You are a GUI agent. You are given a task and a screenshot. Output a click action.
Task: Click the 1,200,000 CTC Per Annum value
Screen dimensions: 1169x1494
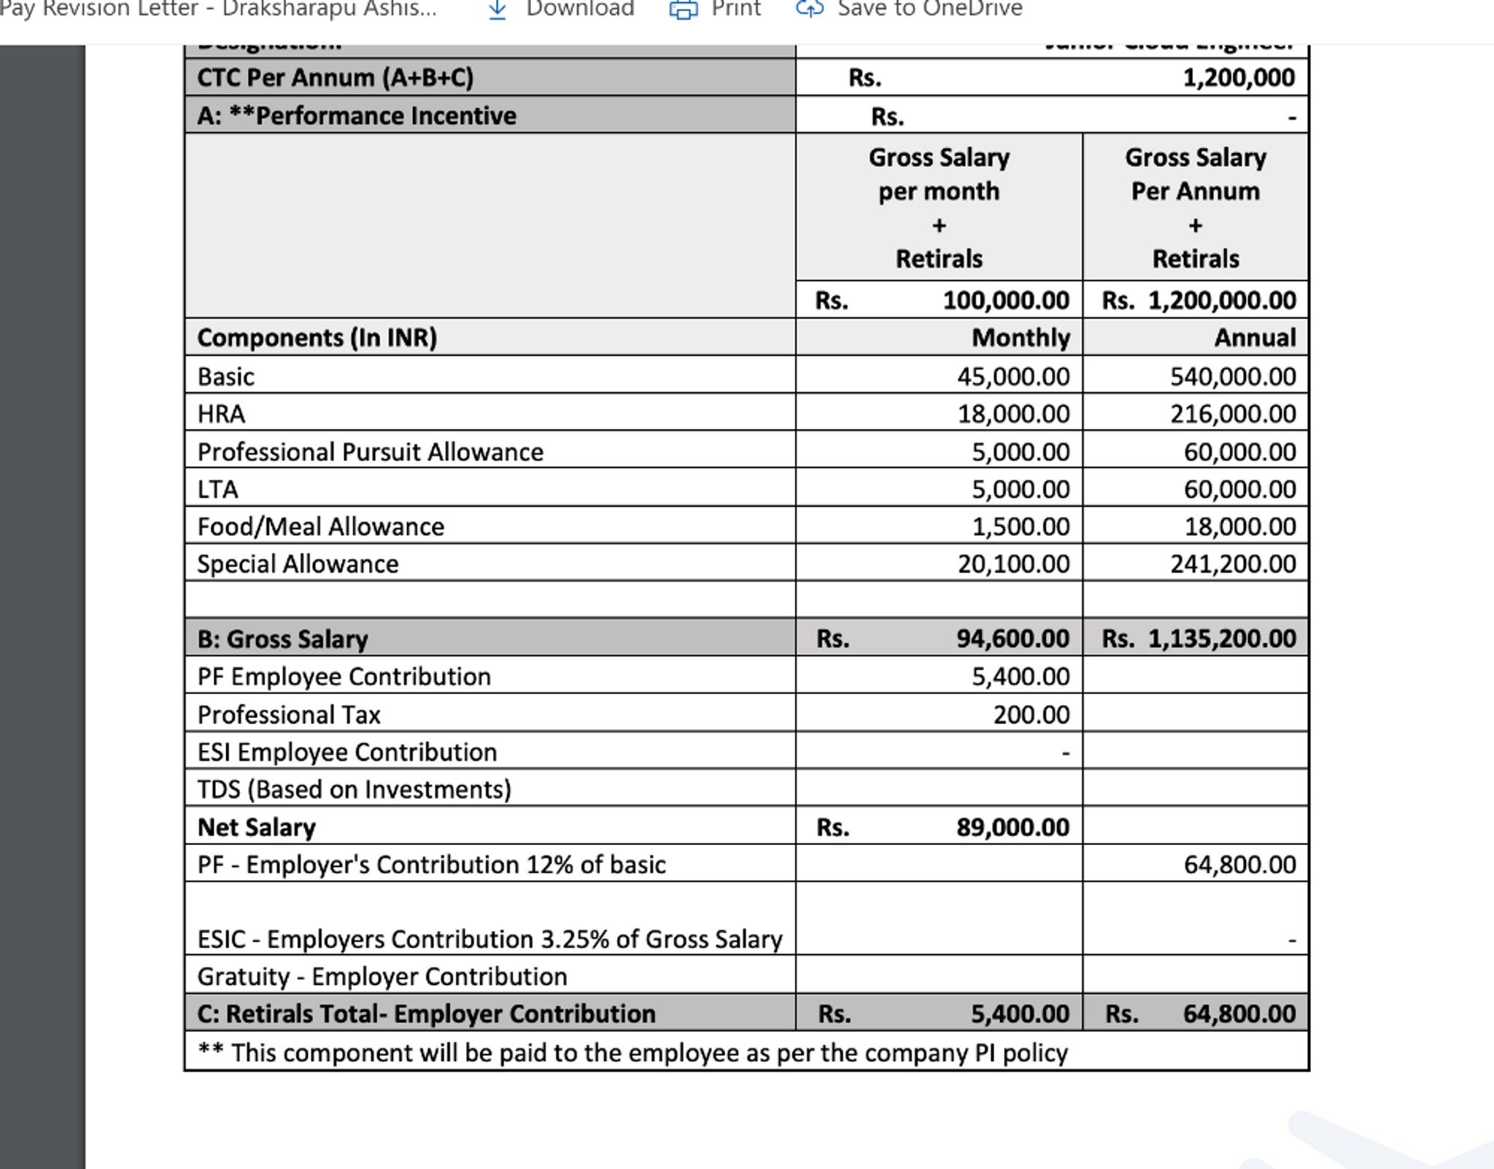click(x=1238, y=77)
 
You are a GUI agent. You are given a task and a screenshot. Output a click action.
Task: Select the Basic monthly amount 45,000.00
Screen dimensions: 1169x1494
click(x=1013, y=377)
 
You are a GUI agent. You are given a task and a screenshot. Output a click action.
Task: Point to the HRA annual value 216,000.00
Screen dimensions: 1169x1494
click(x=1232, y=414)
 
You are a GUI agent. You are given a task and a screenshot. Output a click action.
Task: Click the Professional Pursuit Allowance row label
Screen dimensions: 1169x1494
click(x=370, y=452)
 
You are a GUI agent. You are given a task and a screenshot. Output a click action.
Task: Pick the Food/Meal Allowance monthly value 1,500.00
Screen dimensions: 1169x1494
click(x=1020, y=526)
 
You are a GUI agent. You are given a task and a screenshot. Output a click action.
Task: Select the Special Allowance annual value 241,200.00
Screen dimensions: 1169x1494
click(x=1232, y=563)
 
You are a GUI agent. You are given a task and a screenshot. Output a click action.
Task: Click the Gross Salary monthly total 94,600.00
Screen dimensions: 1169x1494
click(x=1012, y=638)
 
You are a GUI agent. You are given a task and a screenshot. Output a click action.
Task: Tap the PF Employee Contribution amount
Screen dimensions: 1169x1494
click(x=1020, y=676)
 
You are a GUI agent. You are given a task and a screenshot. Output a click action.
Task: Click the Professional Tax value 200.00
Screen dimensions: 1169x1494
click(x=1030, y=714)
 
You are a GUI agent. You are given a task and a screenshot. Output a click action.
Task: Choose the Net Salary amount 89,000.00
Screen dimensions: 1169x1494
click(x=1012, y=827)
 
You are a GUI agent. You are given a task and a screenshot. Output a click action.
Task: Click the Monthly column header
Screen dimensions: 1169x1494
click(x=1020, y=338)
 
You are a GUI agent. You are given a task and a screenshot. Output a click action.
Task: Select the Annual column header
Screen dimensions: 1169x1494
click(x=1254, y=338)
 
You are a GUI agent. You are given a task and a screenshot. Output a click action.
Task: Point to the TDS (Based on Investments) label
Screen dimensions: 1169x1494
click(x=354, y=790)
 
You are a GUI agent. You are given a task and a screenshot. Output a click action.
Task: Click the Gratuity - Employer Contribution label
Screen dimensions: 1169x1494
click(x=382, y=976)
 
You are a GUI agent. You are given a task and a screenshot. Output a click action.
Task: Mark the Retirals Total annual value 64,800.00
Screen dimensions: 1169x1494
click(x=1239, y=1014)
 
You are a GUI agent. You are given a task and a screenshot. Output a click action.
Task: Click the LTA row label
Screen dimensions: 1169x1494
click(x=217, y=489)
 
